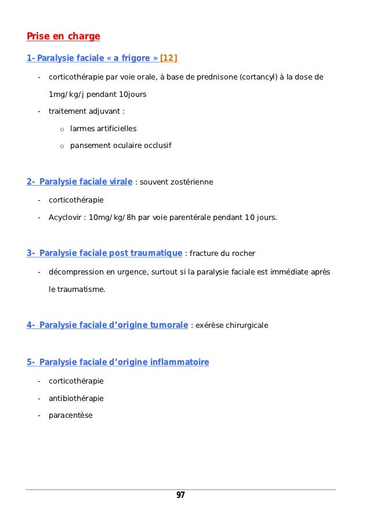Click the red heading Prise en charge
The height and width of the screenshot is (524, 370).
(63, 37)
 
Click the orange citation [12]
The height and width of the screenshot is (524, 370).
(169, 58)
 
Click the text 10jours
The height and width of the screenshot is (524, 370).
(133, 94)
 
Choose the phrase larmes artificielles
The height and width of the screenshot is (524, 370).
(103, 128)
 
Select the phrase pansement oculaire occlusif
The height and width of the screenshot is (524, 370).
(121, 145)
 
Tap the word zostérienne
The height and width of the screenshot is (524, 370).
(191, 182)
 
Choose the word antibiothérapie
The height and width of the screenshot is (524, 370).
(76, 398)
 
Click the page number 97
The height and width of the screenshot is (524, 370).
(180, 495)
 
